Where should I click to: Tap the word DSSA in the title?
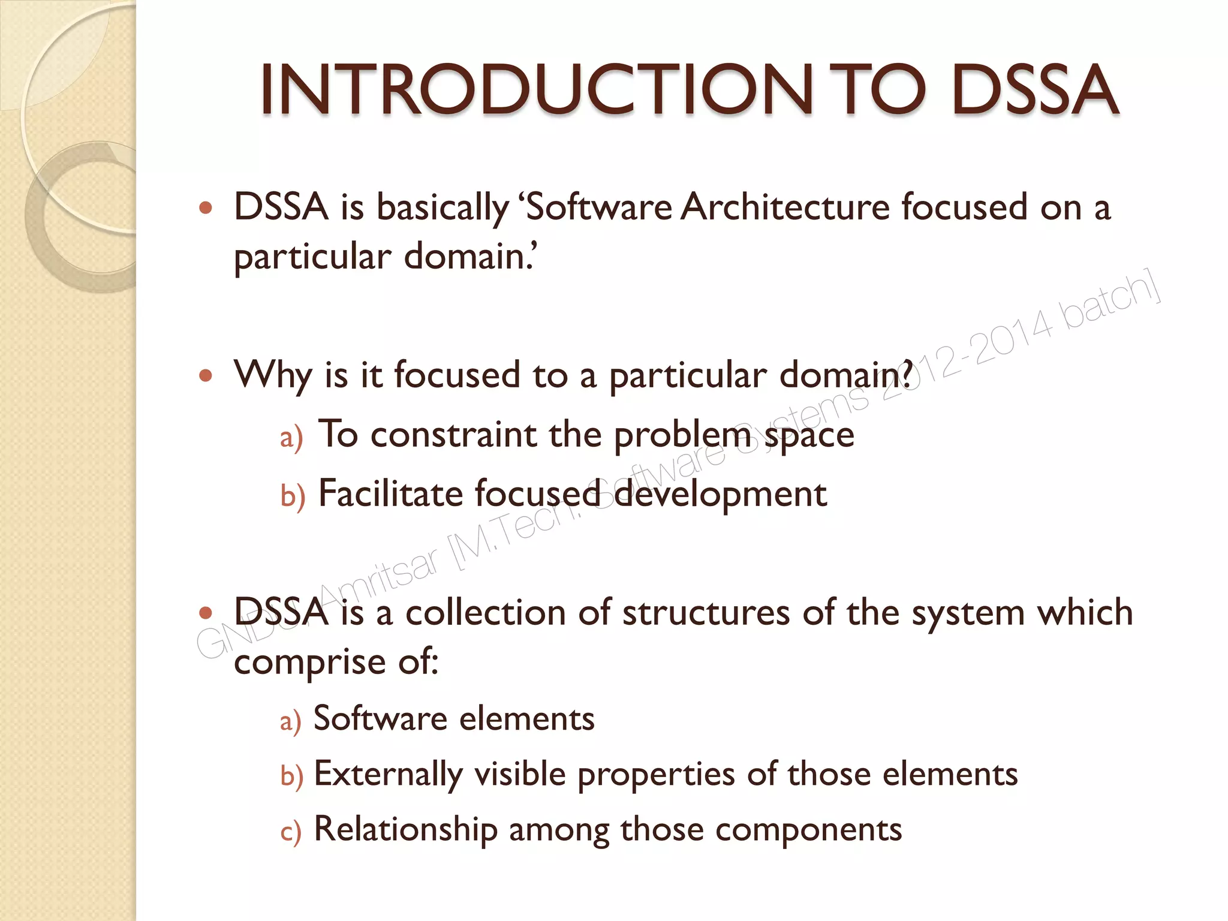pos(1035,90)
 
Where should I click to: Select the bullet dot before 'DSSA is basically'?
pos(206,209)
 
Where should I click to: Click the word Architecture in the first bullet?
pos(786,207)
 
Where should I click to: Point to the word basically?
pos(443,209)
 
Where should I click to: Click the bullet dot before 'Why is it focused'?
pos(206,376)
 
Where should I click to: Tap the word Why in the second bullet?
pos(273,376)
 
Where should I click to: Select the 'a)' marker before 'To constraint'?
pos(291,438)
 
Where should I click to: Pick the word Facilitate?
pos(390,494)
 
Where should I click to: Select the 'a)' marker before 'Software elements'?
pos(291,721)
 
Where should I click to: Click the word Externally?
pos(388,775)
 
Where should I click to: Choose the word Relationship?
pos(406,830)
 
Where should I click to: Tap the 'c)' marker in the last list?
pos(291,832)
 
